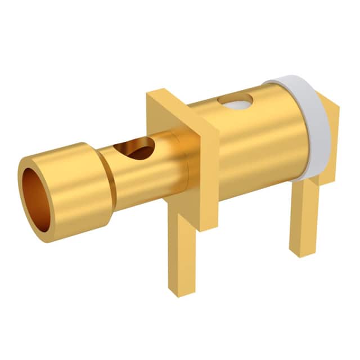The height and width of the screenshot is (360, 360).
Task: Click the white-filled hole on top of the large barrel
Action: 235,102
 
